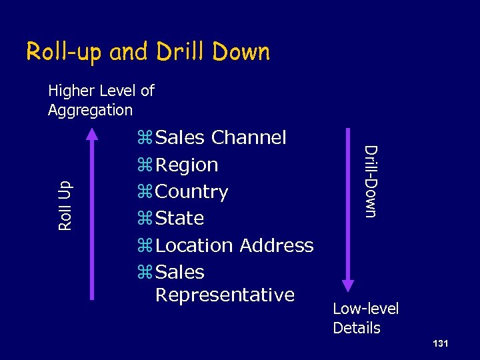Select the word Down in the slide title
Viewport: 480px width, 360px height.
[239, 52]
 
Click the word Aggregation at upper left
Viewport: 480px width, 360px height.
[90, 109]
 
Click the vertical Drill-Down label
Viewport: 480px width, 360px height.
[371, 181]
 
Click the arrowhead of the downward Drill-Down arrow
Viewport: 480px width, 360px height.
[348, 285]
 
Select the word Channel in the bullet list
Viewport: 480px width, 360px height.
[249, 137]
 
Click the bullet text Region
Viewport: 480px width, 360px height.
[186, 165]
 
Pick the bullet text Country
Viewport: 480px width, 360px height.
[191, 191]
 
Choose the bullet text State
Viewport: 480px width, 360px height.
[179, 218]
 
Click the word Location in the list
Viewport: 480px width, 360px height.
[194, 245]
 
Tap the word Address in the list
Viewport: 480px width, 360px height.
[276, 245]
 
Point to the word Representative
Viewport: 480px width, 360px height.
[225, 295]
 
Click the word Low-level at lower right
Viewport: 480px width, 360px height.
[365, 309]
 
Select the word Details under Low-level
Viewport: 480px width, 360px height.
[357, 328]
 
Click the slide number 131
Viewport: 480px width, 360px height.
[439, 343]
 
